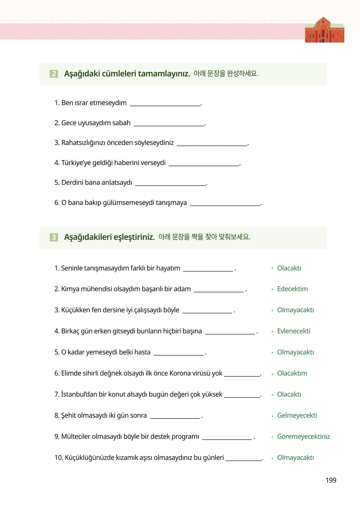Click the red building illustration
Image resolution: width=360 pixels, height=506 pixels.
[x=324, y=30]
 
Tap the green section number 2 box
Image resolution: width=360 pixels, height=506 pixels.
[x=54, y=73]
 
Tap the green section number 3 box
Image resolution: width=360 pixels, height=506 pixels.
[x=54, y=237]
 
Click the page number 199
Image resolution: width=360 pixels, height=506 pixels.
[x=331, y=480]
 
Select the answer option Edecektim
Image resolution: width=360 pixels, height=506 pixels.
[x=292, y=289]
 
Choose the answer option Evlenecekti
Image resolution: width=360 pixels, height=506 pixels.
[x=293, y=331]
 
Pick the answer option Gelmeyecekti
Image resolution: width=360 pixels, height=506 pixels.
[x=297, y=415]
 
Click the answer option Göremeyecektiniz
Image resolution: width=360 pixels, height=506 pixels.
[x=303, y=436]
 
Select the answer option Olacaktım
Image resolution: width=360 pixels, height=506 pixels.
[x=292, y=373]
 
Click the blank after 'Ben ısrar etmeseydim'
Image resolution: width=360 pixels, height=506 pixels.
[x=165, y=103]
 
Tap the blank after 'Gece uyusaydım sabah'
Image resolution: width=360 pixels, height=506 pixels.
[x=169, y=124]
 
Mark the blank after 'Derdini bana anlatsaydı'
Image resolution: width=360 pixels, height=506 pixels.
[x=171, y=183]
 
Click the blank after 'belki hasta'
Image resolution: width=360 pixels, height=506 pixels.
[x=179, y=353]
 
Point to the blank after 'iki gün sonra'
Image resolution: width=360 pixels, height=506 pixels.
[x=175, y=416]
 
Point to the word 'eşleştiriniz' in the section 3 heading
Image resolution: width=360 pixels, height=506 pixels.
[x=134, y=237]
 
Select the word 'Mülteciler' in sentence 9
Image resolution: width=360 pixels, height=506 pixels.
[x=76, y=436]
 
